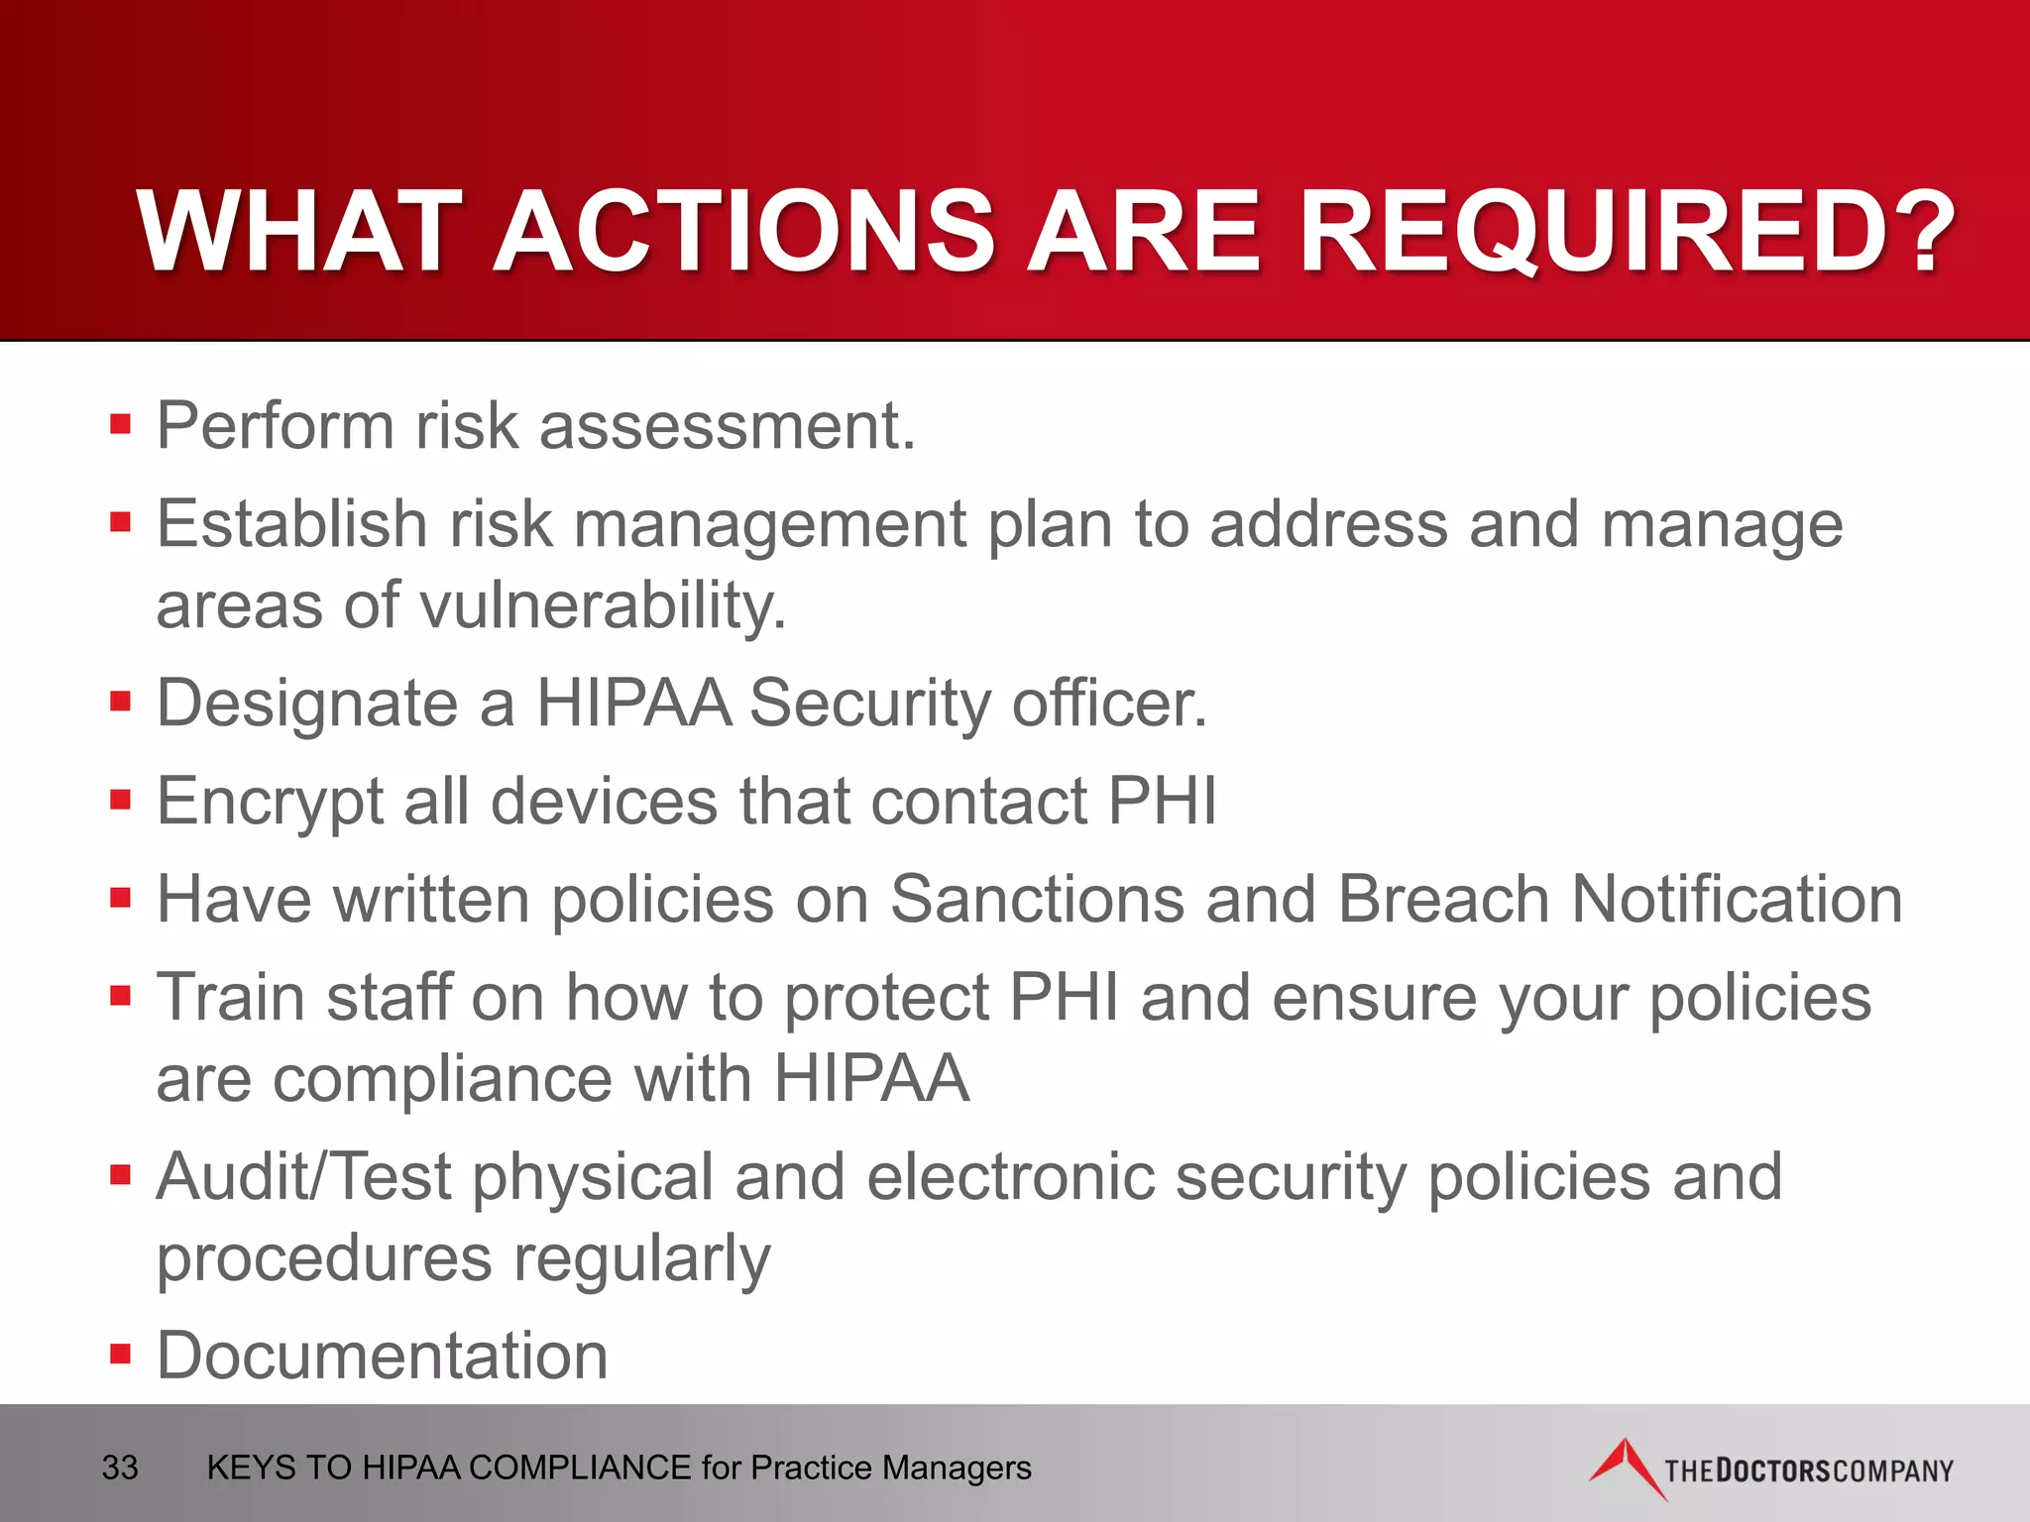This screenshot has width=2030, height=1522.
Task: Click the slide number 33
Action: click(120, 1468)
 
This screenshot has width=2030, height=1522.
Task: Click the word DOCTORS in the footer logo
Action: click(1773, 1469)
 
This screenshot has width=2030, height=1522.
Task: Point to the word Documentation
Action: click(382, 1356)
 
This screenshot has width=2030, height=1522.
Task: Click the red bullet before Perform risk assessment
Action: click(121, 425)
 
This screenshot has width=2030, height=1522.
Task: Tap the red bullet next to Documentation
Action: click(121, 1354)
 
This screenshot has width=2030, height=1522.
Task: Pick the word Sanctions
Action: click(1037, 899)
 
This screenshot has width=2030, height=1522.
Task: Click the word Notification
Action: click(1737, 899)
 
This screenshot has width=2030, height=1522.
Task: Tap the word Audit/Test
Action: click(303, 1177)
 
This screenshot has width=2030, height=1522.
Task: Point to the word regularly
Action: click(641, 1258)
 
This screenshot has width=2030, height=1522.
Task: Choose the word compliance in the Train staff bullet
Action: click(442, 1078)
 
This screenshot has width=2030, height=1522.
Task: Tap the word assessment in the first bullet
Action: click(727, 426)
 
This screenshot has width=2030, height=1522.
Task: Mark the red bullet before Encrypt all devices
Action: click(121, 799)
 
